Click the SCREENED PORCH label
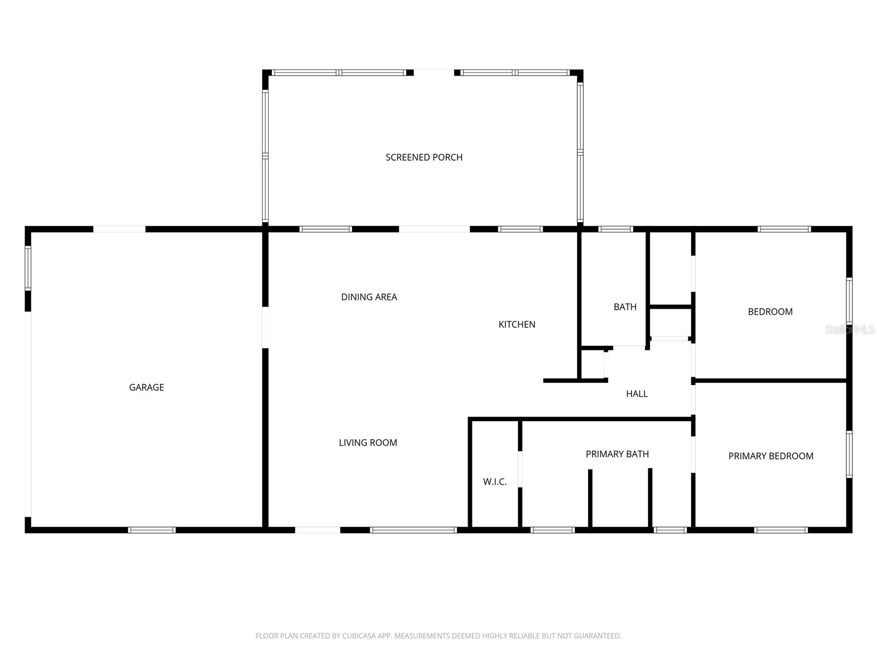pyautogui.click(x=424, y=157)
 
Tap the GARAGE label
pyautogui.click(x=146, y=387)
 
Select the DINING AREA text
pyautogui.click(x=369, y=297)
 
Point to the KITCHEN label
pyautogui.click(x=517, y=325)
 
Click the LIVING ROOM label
pyautogui.click(x=368, y=443)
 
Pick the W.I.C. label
pyautogui.click(x=494, y=482)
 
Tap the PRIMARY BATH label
pyautogui.click(x=617, y=454)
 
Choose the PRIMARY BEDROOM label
pyautogui.click(x=771, y=456)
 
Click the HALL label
pyautogui.click(x=636, y=394)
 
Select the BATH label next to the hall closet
pyautogui.click(x=625, y=307)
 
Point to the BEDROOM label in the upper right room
pyautogui.click(x=770, y=311)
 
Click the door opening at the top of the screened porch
pyautogui.click(x=434, y=72)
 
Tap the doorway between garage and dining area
pyautogui.click(x=265, y=327)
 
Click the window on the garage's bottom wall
pyautogui.click(x=152, y=530)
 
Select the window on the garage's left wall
pyautogui.click(x=28, y=268)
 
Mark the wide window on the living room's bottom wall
pyautogui.click(x=413, y=530)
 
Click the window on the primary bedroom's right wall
pyautogui.click(x=849, y=455)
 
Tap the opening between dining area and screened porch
pyautogui.click(x=434, y=229)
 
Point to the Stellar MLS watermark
pyautogui.click(x=850, y=330)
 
